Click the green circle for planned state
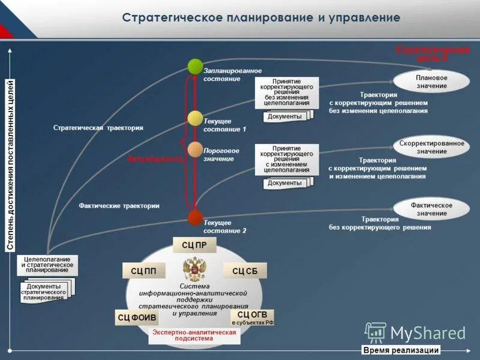pyautogui.click(x=195, y=66)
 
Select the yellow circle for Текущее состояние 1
pyautogui.click(x=195, y=118)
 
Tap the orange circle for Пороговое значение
pyautogui.click(x=195, y=149)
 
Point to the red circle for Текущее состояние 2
pyautogui.click(x=195, y=217)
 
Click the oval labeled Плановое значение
pyautogui.click(x=431, y=82)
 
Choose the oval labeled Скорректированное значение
pyautogui.click(x=431, y=147)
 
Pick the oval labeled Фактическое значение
pyautogui.click(x=431, y=209)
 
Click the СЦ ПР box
pyautogui.click(x=194, y=245)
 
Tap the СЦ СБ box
pyautogui.click(x=245, y=271)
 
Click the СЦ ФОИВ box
pyautogui.click(x=136, y=317)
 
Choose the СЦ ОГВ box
pyautogui.click(x=252, y=317)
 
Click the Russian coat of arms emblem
pyautogui.click(x=194, y=269)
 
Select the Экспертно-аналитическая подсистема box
pyautogui.click(x=194, y=335)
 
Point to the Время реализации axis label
pyautogui.click(x=401, y=350)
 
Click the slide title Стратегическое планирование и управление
pyautogui.click(x=261, y=17)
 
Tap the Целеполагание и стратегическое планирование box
pyautogui.click(x=47, y=265)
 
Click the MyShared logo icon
pyautogui.click(x=376, y=332)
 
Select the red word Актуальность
pyautogui.click(x=154, y=158)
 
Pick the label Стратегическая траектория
pyautogui.click(x=98, y=128)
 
